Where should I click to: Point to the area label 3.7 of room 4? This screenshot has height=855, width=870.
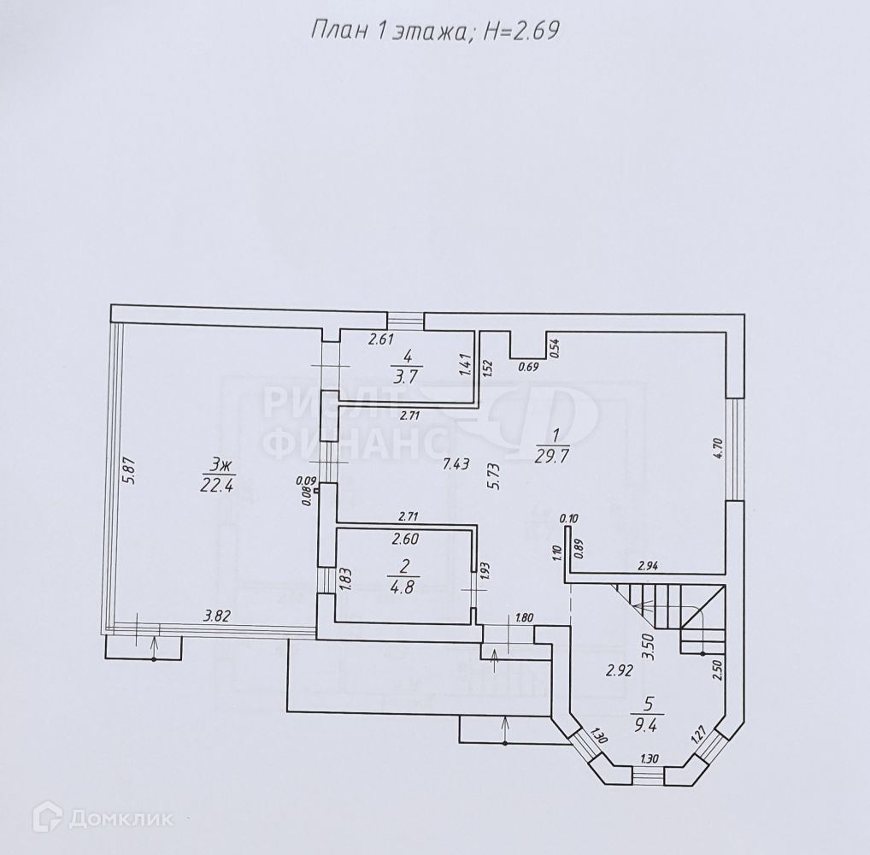407,375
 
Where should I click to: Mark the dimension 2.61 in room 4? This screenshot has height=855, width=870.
381,339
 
